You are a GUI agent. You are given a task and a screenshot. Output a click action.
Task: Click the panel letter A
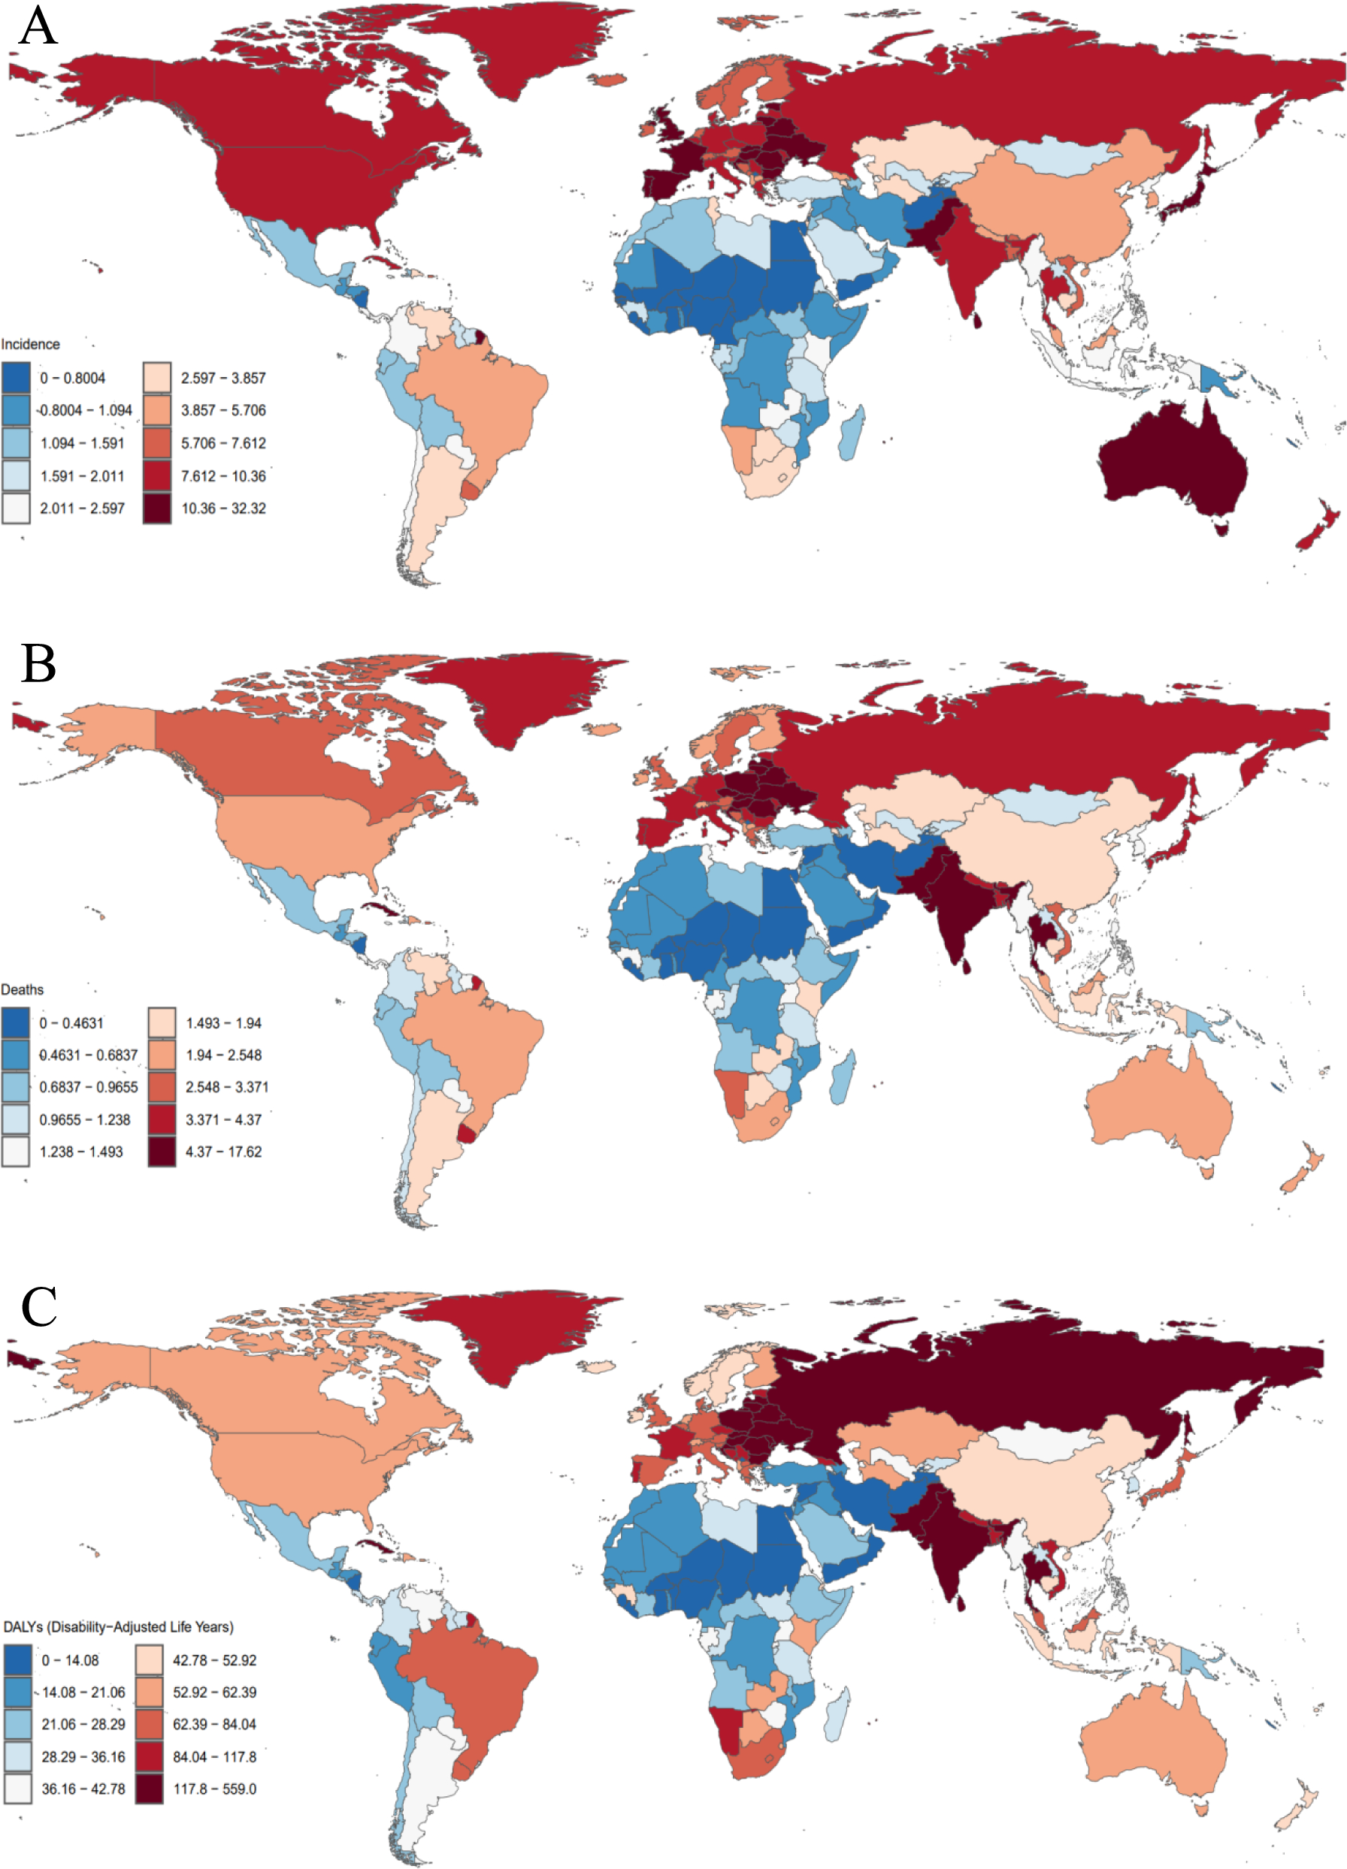tap(38, 26)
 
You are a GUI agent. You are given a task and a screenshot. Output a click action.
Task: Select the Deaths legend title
tap(23, 989)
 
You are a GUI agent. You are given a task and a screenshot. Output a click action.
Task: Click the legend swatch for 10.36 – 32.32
tap(156, 509)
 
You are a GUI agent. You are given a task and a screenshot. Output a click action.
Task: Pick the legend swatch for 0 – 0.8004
tap(16, 377)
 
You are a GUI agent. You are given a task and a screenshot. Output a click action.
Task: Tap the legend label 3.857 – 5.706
tap(223, 410)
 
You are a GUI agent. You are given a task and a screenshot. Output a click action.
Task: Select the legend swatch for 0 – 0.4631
tap(16, 1022)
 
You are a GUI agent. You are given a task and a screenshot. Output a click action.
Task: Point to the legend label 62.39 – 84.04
tap(214, 1724)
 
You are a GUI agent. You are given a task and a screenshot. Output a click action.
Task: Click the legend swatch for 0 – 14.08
tap(17, 1659)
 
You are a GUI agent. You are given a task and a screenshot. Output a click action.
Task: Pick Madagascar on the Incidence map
tap(852, 433)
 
